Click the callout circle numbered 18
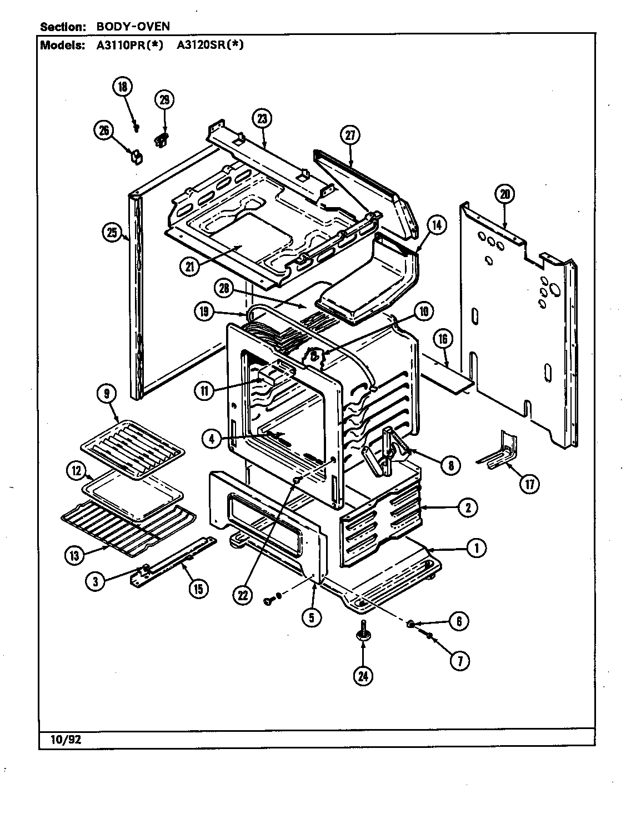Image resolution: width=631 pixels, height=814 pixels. click(122, 87)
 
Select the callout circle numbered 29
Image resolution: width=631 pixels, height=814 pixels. click(164, 99)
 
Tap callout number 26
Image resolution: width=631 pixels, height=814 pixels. click(104, 130)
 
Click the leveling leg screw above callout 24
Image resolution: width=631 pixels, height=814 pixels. click(363, 633)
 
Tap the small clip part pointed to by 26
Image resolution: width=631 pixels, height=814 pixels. click(136, 156)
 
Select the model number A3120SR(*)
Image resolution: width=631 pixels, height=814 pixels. click(210, 46)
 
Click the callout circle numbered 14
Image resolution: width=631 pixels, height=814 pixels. click(437, 225)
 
